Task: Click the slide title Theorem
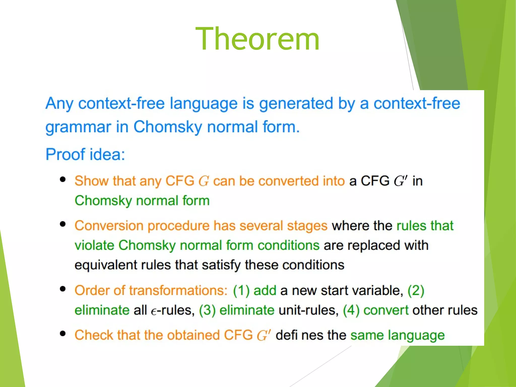pyautogui.click(x=257, y=39)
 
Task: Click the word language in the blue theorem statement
pyautogui.click(x=203, y=103)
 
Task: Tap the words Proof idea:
pyautogui.click(x=85, y=154)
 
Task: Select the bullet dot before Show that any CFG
pyautogui.click(x=63, y=179)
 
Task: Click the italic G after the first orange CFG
pyautogui.click(x=204, y=181)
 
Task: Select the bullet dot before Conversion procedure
pyautogui.click(x=63, y=224)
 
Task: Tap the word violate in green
pyautogui.click(x=94, y=245)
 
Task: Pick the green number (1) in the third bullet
pyautogui.click(x=241, y=290)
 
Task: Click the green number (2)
pyautogui.click(x=416, y=290)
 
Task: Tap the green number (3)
pyautogui.click(x=207, y=310)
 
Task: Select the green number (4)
pyautogui.click(x=351, y=310)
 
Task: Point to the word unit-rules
pyautogui.click(x=309, y=310)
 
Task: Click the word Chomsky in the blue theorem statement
pyautogui.click(x=168, y=127)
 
